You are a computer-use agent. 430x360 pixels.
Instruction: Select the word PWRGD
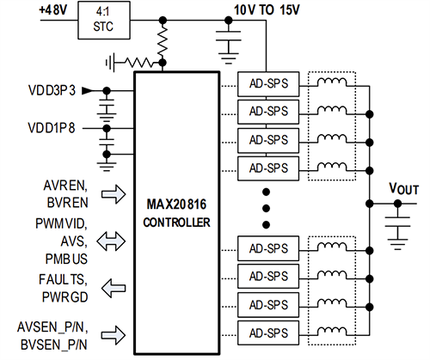click(x=64, y=296)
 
